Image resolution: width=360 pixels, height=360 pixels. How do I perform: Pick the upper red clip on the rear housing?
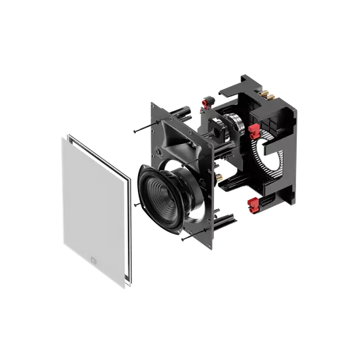point(254,128)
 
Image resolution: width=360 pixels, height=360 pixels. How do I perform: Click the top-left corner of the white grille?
point(62,135)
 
